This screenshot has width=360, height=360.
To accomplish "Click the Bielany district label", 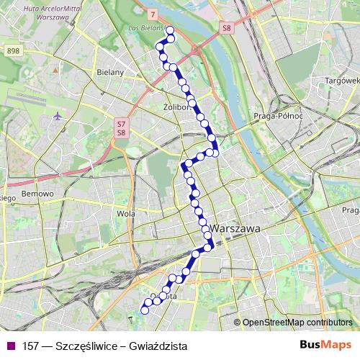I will tap(111, 72).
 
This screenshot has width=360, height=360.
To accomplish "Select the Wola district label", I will tap(125, 213).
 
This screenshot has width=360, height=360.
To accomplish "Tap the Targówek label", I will tap(342, 80).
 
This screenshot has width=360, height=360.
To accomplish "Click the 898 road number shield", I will tap(13, 50).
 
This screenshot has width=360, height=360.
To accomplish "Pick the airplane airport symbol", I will tap(58, 116).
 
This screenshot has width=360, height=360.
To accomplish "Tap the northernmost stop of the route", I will tap(170, 30).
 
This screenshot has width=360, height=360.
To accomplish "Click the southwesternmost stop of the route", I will tap(144, 310).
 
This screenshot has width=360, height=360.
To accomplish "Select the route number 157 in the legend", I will tap(31, 346).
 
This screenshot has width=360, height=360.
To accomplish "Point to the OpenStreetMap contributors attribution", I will tap(297, 322).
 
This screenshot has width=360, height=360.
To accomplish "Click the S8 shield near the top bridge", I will tap(228, 28).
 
